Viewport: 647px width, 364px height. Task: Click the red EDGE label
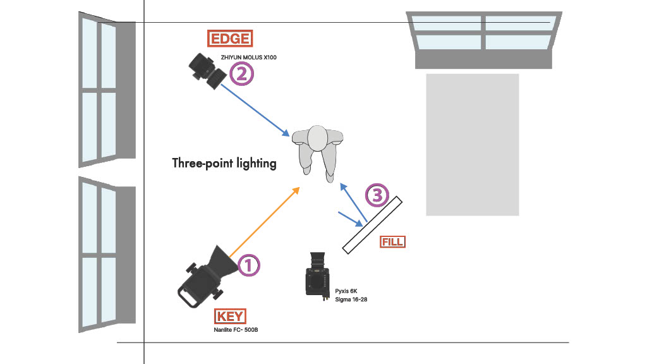point(230,39)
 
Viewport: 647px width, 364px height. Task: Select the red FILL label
point(392,241)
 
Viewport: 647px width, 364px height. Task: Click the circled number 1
point(248,265)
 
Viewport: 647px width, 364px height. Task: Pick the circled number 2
point(241,75)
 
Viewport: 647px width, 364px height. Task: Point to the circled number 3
point(377,196)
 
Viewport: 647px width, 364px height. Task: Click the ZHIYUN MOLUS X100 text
point(249,58)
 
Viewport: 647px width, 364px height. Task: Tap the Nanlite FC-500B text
point(236,329)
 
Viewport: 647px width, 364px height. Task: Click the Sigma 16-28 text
point(351,299)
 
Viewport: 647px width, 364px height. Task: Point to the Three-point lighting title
point(224,163)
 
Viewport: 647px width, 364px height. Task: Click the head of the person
point(317,137)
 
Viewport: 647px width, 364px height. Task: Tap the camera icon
point(318,275)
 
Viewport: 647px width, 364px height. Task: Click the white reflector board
point(372,225)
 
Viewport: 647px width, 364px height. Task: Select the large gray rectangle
point(472,145)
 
